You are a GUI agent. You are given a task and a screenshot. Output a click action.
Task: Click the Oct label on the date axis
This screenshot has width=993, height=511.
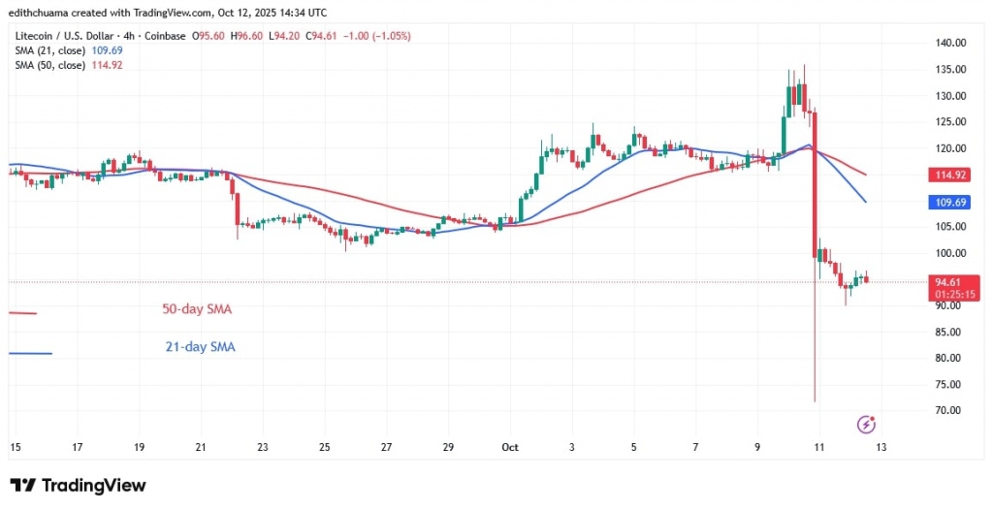[510, 447]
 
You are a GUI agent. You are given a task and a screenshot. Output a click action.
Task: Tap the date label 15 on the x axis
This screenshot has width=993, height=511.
[15, 447]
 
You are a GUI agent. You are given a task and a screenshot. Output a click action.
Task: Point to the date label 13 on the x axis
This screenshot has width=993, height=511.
[881, 447]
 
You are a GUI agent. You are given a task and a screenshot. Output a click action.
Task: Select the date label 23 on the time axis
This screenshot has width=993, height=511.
[263, 447]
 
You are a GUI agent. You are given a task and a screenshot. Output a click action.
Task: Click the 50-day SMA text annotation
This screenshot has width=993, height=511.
[197, 309]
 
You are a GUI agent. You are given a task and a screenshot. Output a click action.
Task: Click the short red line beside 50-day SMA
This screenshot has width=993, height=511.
[22, 313]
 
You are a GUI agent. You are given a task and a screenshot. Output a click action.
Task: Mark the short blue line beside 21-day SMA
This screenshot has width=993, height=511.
[29, 353]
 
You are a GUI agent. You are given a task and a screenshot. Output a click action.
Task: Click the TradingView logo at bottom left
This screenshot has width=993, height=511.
[78, 485]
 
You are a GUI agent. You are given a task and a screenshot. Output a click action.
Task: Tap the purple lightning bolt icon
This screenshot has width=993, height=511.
[867, 424]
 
